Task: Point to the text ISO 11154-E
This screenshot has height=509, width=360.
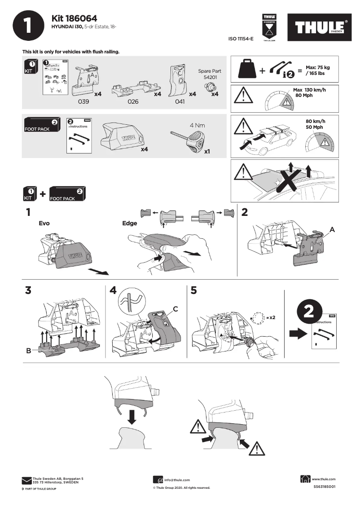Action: click(x=241, y=39)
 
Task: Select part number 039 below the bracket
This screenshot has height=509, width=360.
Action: click(x=84, y=101)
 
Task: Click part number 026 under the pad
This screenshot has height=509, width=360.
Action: click(x=133, y=101)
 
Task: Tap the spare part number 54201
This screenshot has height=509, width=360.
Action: click(x=210, y=77)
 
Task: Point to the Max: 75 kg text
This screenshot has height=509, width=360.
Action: click(x=318, y=67)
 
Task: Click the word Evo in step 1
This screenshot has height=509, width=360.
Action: click(x=44, y=223)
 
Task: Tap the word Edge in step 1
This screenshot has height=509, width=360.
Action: click(x=130, y=223)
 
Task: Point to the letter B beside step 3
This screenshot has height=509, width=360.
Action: click(x=29, y=351)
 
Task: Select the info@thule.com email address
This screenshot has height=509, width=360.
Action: click(x=177, y=480)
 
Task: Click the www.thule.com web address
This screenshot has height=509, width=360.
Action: click(x=323, y=479)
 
